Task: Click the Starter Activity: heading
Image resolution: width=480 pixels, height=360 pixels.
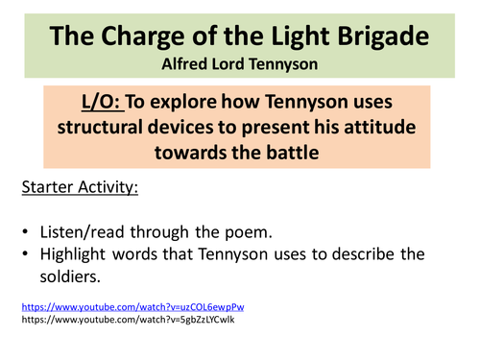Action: tap(79, 186)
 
